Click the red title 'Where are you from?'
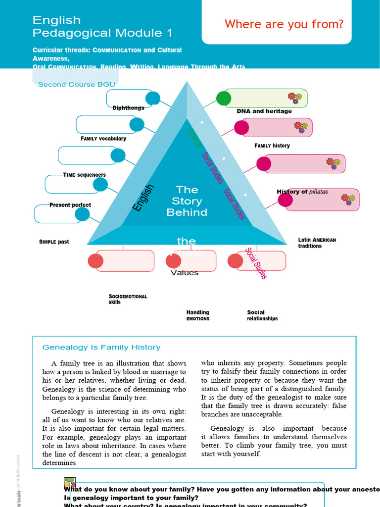tap(284, 24)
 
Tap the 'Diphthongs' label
tap(128, 108)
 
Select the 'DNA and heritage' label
tap(264, 111)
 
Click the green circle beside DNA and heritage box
tap(224, 99)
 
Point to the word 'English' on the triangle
tap(144, 198)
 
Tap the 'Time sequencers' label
tap(84, 175)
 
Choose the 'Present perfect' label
tap(70, 205)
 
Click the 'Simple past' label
tap(54, 242)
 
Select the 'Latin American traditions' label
tap(317, 243)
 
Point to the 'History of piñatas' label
tap(302, 192)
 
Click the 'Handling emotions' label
tap(198, 315)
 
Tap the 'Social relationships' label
tap(262, 315)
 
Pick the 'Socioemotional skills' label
tap(128, 299)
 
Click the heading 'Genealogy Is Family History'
tap(101, 348)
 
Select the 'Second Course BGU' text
tap(76, 85)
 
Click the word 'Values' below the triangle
tap(185, 273)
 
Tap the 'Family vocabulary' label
tap(103, 139)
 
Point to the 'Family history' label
tap(272, 146)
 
